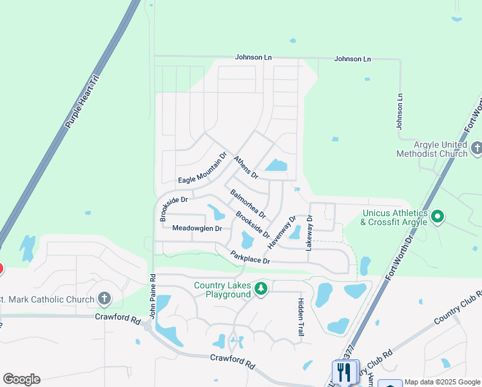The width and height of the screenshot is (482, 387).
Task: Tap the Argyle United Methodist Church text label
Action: coord(432,150)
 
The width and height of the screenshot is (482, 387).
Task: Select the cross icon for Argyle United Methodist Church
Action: coord(476,148)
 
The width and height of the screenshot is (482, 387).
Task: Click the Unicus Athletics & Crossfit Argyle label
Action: coord(394,217)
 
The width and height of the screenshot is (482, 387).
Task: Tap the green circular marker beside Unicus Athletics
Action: coord(438,217)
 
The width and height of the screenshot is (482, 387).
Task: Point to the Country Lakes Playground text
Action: coord(222,290)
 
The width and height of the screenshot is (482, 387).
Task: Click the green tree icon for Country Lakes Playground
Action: coord(261,288)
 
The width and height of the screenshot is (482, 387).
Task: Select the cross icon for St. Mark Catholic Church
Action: coord(104,299)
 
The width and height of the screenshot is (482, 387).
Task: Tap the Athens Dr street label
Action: coord(246,167)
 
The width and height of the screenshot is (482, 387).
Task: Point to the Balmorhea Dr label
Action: coord(248,203)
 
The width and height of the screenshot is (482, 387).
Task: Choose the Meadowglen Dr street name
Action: coord(197,228)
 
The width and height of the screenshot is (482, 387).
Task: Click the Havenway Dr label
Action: coord(282,232)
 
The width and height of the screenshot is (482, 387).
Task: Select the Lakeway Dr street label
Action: coord(309,233)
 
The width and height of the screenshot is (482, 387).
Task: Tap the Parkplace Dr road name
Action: coord(250,256)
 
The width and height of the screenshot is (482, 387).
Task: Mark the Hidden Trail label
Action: coord(300,317)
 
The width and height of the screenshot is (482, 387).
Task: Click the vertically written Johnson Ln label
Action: coord(400,110)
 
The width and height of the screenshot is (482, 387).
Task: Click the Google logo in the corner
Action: coord(21,379)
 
